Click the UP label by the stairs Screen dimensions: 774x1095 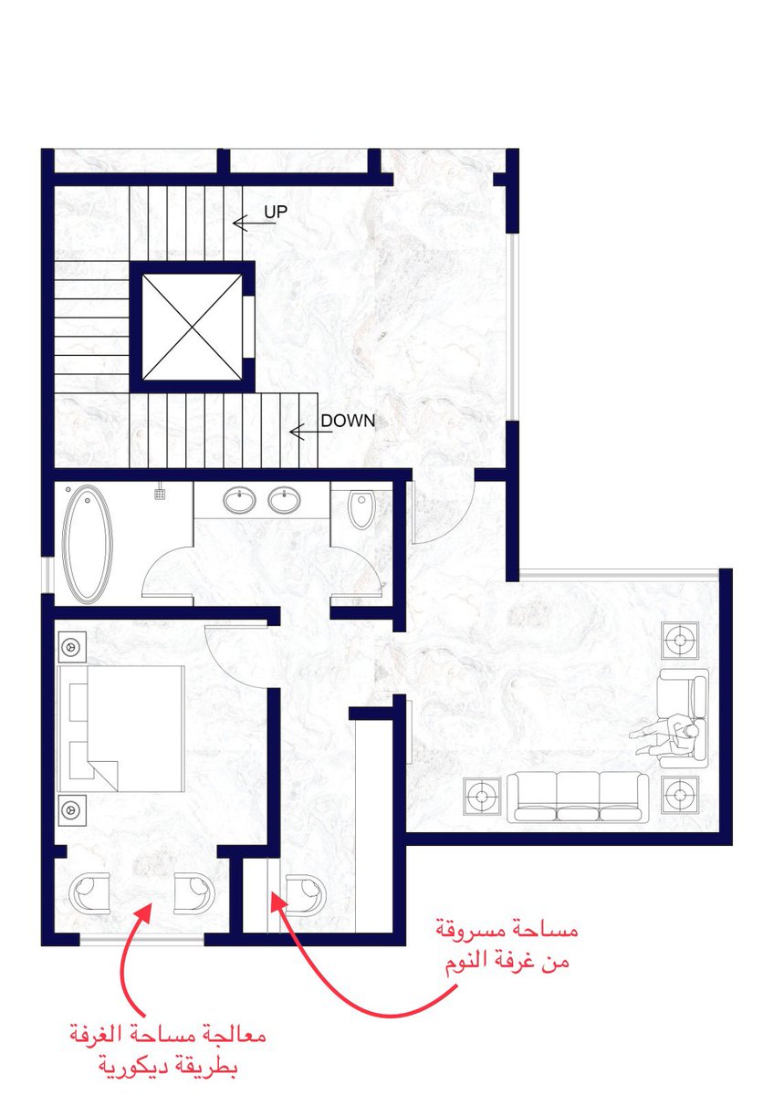coord(276,212)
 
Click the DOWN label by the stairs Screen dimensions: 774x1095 coord(348,421)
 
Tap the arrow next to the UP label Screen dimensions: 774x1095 coord(255,224)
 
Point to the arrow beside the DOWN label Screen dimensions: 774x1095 coord(311,433)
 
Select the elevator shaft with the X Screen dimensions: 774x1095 coord(193,327)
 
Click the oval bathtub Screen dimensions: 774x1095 coord(88,545)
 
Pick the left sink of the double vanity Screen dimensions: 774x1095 coord(239,501)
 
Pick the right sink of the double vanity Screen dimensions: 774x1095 coord(285,501)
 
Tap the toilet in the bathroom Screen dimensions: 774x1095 coord(361,509)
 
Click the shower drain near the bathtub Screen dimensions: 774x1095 coord(160,495)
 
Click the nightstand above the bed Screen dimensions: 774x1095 coord(72,647)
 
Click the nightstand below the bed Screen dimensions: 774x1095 coord(72,810)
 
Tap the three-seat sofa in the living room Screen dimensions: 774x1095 coord(578,797)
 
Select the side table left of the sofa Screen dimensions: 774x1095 coord(482,797)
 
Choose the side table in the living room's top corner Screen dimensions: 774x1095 coord(680,640)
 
